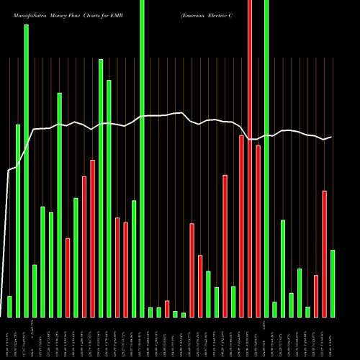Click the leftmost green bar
9,306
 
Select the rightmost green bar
333,283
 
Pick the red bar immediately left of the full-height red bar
242,225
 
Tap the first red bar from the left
68,277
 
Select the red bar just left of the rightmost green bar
325,253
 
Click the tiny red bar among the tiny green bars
167,308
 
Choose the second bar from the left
18,220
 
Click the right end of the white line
331,137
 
